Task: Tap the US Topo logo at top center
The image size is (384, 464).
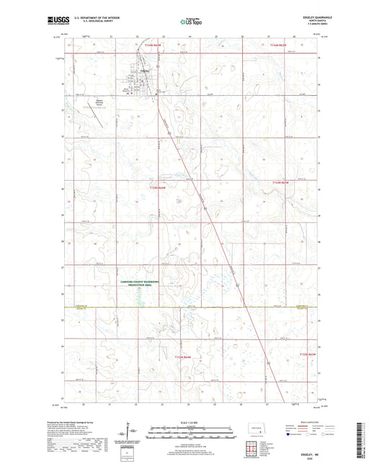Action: [190, 22]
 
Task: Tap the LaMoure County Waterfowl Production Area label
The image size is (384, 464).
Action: [142, 286]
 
